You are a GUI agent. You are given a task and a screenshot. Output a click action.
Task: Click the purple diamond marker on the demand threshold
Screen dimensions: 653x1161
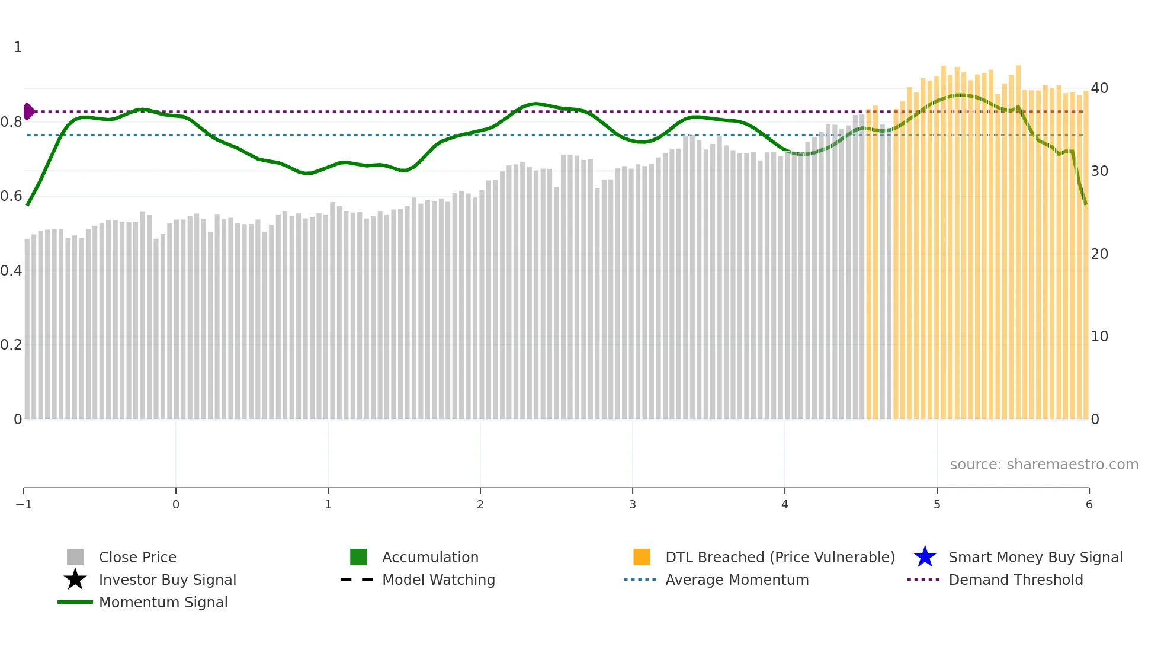pos(28,111)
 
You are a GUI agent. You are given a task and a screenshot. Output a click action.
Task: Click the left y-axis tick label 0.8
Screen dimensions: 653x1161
pos(11,122)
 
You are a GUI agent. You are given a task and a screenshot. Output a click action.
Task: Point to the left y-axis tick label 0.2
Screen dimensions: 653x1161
pos(11,345)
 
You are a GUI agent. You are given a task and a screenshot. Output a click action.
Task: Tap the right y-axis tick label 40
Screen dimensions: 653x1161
pos(1099,88)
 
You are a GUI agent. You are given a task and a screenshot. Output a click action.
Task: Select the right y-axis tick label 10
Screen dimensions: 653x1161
pos(1099,337)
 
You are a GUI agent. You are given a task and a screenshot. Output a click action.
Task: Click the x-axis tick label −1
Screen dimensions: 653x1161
pos(24,505)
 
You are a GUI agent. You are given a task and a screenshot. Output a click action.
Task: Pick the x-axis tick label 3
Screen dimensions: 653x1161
pos(633,505)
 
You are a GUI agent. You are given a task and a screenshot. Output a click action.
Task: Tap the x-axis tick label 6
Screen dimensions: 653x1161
pos(1089,505)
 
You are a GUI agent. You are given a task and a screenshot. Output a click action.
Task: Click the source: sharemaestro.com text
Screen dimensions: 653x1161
pos(1044,465)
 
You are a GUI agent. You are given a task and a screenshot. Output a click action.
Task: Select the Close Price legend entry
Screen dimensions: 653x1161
pos(137,557)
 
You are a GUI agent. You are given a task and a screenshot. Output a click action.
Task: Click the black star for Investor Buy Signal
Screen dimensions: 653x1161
pos(75,580)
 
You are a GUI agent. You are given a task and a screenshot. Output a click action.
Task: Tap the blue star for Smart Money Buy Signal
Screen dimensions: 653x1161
pos(925,557)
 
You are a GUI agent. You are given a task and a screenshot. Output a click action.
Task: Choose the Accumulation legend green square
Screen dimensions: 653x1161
pos(358,557)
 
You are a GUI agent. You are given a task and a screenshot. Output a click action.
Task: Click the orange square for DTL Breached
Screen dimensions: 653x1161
pos(642,557)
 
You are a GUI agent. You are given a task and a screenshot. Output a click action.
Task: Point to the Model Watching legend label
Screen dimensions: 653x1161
pos(438,580)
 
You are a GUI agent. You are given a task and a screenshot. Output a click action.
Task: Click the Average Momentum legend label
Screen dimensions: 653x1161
pos(737,580)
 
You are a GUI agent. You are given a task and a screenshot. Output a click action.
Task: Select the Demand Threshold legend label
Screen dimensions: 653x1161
pos(1015,580)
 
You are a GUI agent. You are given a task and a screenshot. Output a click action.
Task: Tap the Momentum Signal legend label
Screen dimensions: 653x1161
pos(163,602)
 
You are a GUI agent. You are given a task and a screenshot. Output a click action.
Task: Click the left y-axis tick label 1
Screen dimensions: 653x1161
pos(18,47)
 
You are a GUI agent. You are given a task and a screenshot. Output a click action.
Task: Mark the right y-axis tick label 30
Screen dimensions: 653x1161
pos(1099,171)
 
